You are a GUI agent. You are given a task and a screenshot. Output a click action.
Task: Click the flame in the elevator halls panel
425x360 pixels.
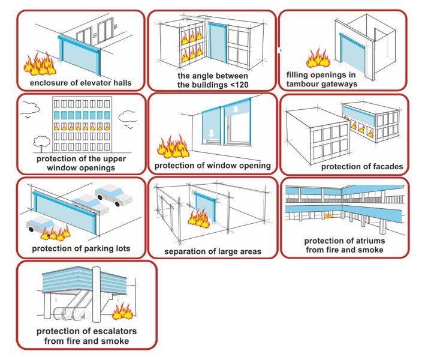pos(40,62)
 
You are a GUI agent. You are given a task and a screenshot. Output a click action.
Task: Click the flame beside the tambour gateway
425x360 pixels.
pos(318,58)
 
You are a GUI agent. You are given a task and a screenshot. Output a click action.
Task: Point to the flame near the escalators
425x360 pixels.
pos(123,311)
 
